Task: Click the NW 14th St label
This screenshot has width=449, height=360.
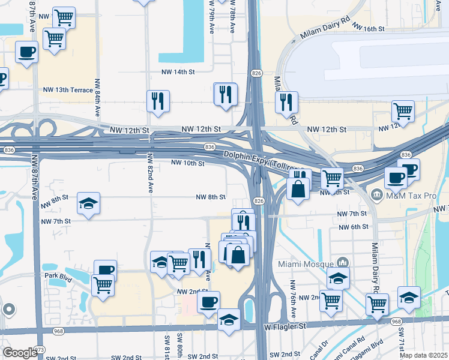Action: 178,72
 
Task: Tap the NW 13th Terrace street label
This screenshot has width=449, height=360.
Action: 68,90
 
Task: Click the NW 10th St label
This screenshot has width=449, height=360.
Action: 188,163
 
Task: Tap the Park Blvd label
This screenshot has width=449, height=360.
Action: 58,275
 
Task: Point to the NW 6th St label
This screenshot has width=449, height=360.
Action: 353,227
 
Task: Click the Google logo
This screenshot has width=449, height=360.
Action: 20,352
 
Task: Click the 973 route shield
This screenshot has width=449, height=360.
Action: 40,349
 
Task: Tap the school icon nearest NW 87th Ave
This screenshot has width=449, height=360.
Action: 88,203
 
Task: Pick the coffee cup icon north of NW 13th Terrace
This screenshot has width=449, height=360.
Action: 26,52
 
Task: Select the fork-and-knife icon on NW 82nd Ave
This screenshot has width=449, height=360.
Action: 158,101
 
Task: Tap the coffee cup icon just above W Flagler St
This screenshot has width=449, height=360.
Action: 208,301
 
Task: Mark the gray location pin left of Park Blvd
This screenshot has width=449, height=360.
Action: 8,309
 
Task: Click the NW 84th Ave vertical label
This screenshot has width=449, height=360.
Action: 97,98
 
